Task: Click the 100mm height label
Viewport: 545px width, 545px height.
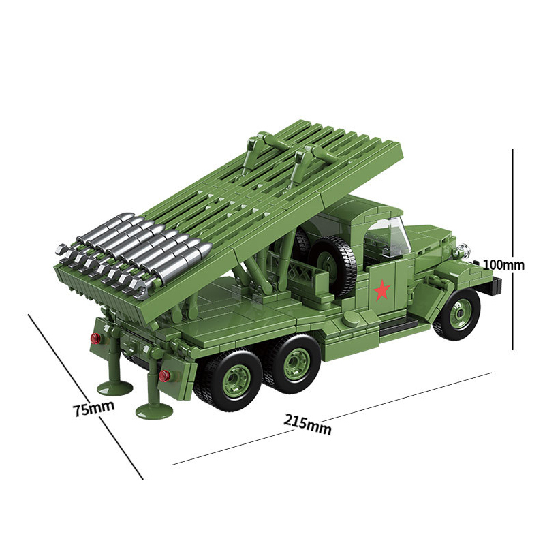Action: (504, 264)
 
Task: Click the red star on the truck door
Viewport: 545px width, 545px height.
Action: (382, 292)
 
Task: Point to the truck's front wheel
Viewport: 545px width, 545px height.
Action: (456, 314)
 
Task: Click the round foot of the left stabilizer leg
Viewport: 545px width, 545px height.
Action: (114, 388)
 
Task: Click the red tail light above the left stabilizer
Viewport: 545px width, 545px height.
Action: (95, 338)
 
